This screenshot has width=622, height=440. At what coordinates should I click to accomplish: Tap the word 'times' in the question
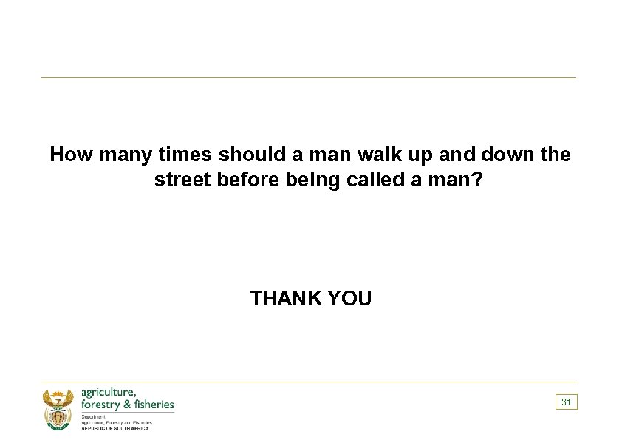tap(188, 155)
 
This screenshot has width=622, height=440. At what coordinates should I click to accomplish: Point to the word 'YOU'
tap(349, 299)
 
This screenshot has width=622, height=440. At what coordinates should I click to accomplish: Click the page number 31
tap(566, 402)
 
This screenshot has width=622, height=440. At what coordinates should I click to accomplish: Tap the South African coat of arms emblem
tap(57, 409)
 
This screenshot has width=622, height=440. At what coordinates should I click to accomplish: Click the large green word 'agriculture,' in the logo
tap(108, 393)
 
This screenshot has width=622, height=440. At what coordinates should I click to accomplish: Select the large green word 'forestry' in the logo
tap(103, 405)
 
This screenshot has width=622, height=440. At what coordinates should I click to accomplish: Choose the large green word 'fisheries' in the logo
tap(155, 405)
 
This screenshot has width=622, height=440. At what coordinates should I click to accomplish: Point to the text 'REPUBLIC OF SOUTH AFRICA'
tap(115, 429)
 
